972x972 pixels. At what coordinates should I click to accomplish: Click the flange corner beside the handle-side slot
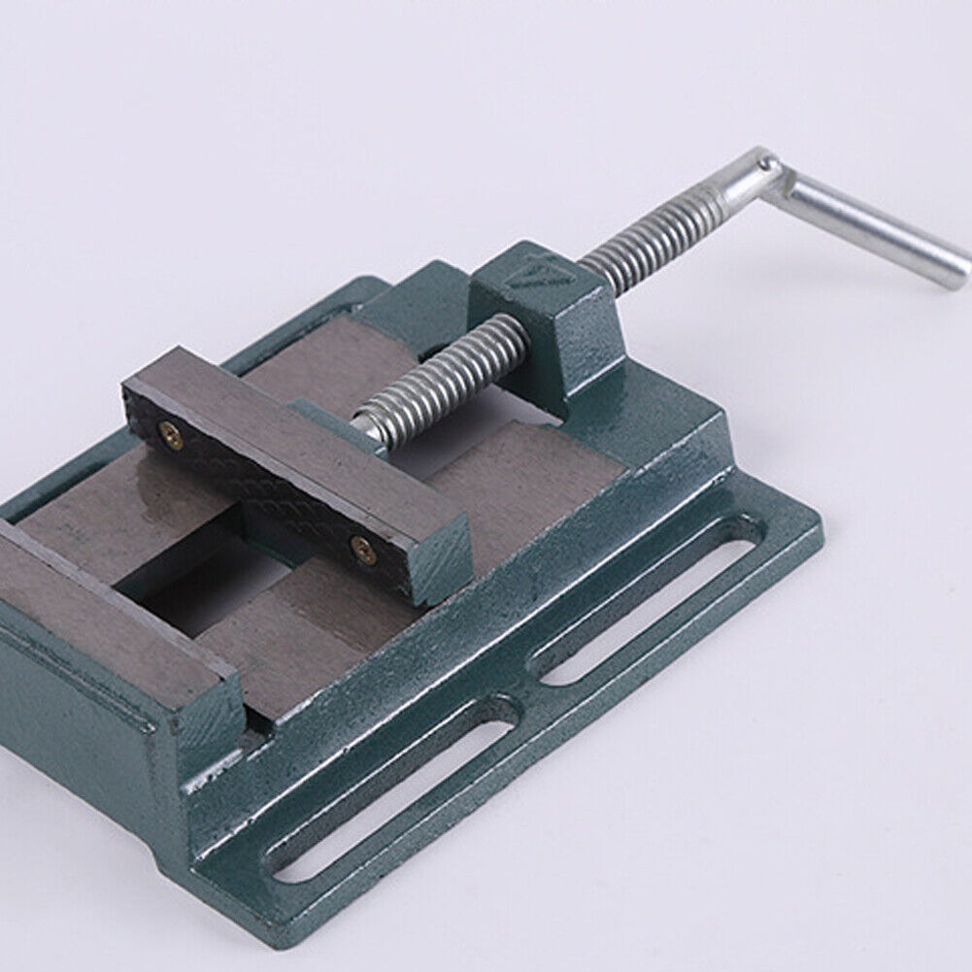(796, 524)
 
